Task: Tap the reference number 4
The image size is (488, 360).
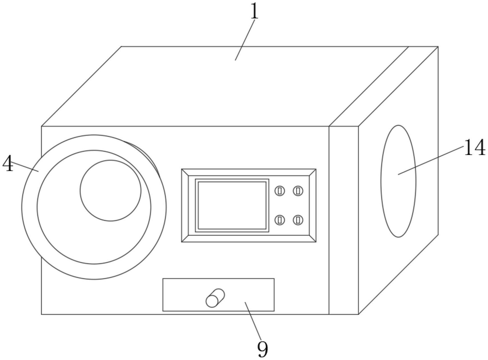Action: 8,164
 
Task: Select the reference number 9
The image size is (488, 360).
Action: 263,349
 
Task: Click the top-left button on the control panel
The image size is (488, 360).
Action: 280,191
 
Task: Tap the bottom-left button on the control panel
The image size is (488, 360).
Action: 280,220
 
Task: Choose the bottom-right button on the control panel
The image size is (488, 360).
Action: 298,220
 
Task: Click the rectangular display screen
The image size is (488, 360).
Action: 232,205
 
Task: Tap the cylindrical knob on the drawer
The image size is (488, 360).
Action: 215,298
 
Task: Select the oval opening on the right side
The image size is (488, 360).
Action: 398,181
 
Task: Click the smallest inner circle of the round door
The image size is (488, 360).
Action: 111,191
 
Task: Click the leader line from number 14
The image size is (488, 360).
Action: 431,160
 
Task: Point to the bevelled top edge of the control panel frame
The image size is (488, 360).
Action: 249,172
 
